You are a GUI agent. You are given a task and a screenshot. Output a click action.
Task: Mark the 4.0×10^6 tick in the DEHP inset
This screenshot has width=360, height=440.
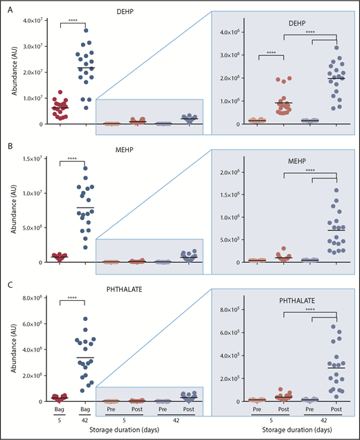(x=231, y=33)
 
